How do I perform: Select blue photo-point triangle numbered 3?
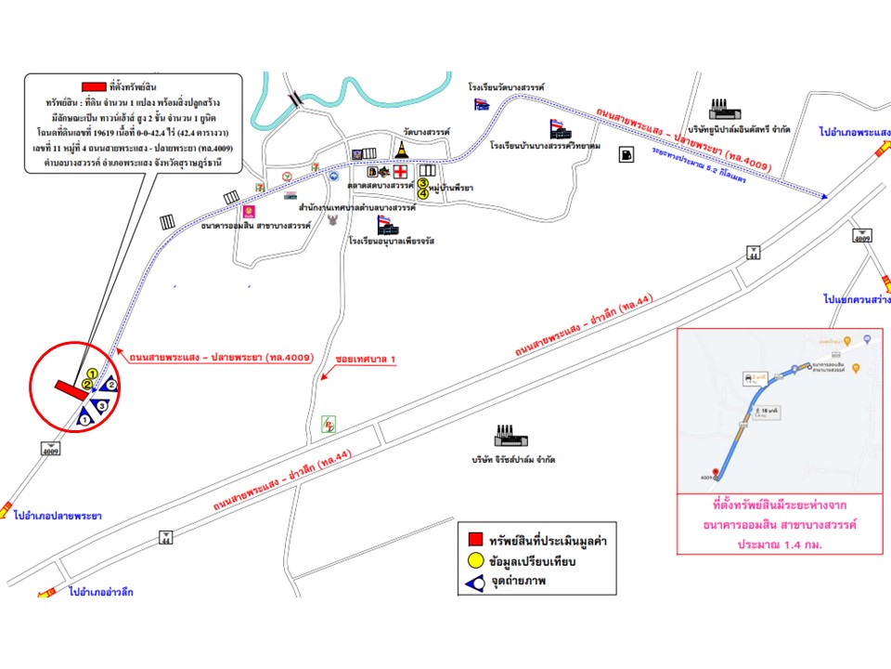pyautogui.click(x=100, y=404)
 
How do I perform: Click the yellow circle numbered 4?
pyautogui.click(x=423, y=194)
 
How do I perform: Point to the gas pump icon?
pyautogui.click(x=627, y=153)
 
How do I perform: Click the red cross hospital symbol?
pyautogui.click(x=400, y=172)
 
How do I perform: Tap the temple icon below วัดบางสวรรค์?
pyautogui.click(x=402, y=151)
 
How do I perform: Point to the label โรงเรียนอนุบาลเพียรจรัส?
pyautogui.click(x=392, y=241)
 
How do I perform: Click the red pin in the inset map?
pyautogui.click(x=714, y=472)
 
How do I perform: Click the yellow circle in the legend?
pyautogui.click(x=474, y=561)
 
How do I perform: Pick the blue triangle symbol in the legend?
pyautogui.click(x=474, y=583)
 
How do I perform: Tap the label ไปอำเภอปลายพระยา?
pyautogui.click(x=58, y=515)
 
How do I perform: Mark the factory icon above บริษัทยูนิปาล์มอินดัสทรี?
pyautogui.click(x=722, y=106)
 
